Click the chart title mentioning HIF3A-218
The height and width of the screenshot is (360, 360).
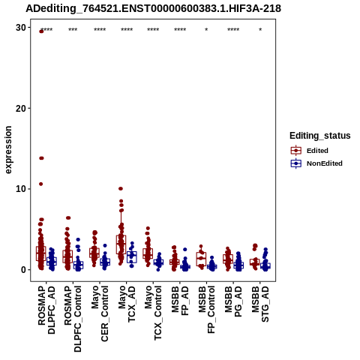(153, 9)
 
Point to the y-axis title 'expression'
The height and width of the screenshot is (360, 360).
(8, 150)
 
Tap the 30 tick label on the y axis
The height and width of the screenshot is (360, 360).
(21, 28)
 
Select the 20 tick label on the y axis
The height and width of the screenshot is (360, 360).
(21, 109)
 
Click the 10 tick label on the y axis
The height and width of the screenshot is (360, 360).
(21, 189)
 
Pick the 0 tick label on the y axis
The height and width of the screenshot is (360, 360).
(24, 270)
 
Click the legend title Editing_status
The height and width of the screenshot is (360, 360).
(320, 136)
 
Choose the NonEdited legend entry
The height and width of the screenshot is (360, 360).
(316, 163)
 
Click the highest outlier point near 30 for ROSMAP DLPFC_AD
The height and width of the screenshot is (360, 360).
(41, 31)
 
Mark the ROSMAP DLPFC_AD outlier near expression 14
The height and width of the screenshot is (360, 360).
(41, 158)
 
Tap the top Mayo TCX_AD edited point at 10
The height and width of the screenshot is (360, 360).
(121, 188)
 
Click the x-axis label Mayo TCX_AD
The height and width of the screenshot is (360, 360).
(127, 304)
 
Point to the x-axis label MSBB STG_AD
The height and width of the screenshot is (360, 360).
(260, 304)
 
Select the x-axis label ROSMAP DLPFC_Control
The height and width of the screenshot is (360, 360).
(73, 319)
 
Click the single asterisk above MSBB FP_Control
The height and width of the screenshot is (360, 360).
(206, 30)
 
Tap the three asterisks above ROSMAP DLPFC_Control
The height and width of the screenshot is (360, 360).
(73, 30)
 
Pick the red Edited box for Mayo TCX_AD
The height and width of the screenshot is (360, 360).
(121, 244)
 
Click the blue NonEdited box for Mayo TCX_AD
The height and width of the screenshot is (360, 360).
(132, 257)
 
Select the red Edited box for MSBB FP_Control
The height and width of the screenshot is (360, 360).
(201, 259)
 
